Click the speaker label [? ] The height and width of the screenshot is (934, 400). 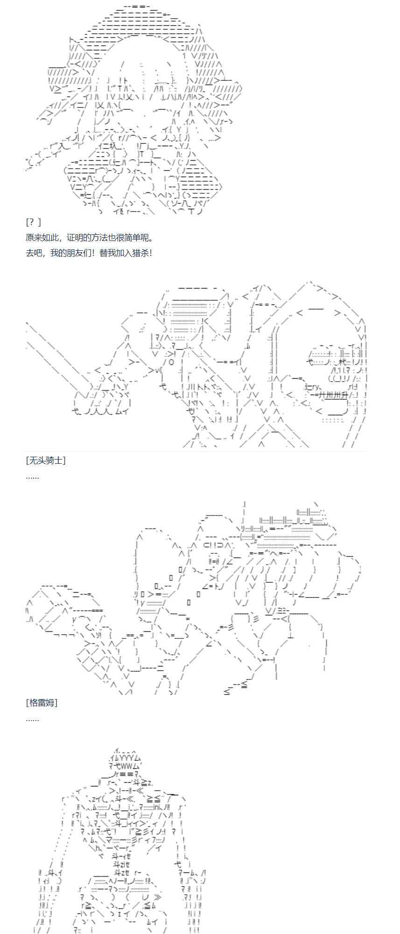[34, 222]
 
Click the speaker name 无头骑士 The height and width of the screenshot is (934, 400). [46, 460]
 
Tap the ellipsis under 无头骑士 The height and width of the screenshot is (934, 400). [33, 476]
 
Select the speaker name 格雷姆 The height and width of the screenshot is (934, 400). [42, 703]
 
